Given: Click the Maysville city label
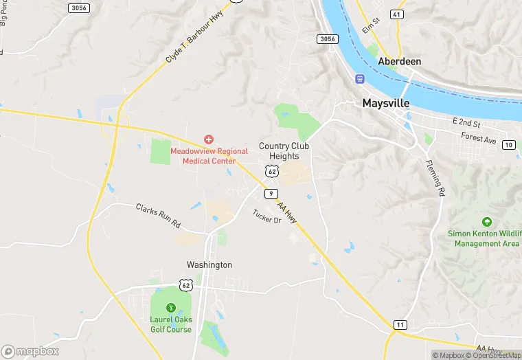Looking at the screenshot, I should [385, 103].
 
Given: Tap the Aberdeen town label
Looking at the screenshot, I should [399, 61].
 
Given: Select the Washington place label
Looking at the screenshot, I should [209, 265].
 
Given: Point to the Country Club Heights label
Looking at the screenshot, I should [284, 151].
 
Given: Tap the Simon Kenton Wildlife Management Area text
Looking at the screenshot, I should [484, 238].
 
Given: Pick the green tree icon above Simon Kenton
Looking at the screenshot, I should [487, 223].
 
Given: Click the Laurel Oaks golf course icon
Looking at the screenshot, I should [171, 307].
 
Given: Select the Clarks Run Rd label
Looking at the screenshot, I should [157, 215].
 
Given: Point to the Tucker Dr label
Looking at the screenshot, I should [267, 216].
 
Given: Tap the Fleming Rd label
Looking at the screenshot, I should [434, 179].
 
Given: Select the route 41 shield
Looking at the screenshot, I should [396, 14].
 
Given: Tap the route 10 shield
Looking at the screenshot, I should [508, 144].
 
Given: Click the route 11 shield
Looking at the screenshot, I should [400, 324].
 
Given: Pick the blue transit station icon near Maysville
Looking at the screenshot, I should [360, 79].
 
